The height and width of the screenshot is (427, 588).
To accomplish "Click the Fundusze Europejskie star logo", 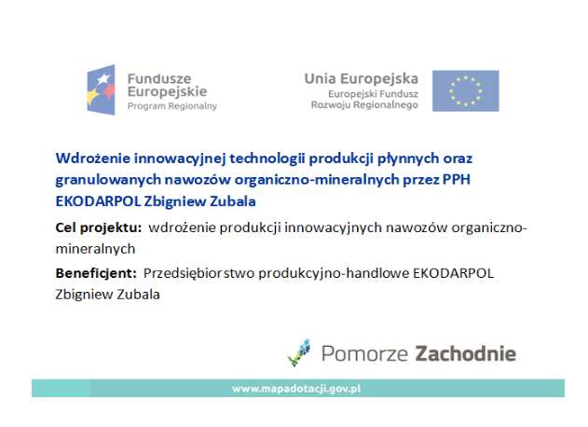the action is (x=102, y=90).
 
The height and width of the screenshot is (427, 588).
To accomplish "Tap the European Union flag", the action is (x=465, y=90).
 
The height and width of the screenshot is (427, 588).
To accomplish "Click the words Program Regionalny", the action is (x=172, y=106).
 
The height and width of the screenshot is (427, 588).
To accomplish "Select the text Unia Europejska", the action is (x=362, y=79).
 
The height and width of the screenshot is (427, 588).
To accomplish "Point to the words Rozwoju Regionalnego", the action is (x=364, y=105).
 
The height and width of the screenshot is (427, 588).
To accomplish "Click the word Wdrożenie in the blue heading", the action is (x=92, y=158).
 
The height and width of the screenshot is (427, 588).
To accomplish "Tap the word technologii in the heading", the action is (x=267, y=159).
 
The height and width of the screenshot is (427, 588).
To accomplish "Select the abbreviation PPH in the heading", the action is (x=457, y=180).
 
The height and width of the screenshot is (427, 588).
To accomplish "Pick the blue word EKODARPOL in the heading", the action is (x=98, y=201).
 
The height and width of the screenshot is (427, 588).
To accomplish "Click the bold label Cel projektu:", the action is (x=99, y=227).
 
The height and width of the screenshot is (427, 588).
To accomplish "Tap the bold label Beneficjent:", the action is (x=96, y=273).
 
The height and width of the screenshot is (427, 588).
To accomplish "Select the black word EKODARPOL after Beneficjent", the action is (x=453, y=273).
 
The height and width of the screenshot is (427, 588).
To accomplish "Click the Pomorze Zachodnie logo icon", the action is (x=299, y=352).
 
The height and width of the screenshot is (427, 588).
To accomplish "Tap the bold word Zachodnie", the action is (x=465, y=354).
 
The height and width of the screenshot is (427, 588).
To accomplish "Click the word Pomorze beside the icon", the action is (x=364, y=354).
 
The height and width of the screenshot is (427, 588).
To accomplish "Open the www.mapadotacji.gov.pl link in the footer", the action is (x=296, y=389).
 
